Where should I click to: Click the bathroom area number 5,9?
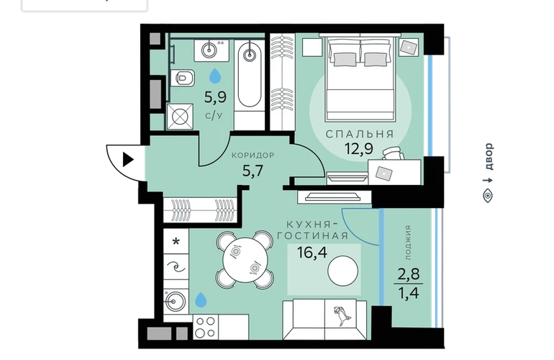pos(215,97)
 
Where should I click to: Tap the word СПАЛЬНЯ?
pos(360,134)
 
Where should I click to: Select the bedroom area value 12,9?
pos(359,149)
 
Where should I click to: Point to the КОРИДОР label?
pos(253,156)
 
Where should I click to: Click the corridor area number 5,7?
pos(253,171)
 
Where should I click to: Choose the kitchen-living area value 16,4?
pos(312,253)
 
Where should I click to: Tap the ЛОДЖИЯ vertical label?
pos(408,243)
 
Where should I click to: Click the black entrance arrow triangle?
pos(127,160)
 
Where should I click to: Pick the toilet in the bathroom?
pos(182,78)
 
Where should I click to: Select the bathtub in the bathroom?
pos(250,74)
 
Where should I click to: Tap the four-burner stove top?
pos(205,327)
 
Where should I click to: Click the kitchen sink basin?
pos(176,301)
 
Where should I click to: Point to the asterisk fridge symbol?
pos(176,242)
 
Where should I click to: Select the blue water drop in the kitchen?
pos(201,300)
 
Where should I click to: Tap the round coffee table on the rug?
pos(342,271)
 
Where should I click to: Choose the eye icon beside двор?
pos(488,195)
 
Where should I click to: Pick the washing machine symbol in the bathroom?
pos(180,117)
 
